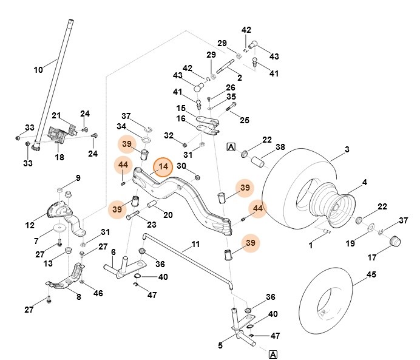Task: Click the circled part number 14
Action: [163, 167]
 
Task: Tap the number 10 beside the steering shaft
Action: [38, 70]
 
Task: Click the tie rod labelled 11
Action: [182, 250]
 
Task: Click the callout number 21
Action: [56, 116]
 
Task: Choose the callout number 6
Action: [113, 251]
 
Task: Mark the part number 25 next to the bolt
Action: [244, 120]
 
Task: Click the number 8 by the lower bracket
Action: [78, 297]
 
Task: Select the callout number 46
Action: [98, 293]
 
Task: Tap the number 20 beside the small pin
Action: [168, 215]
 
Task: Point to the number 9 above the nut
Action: [78, 177]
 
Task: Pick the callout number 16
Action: [181, 119]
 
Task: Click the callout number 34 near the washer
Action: [121, 126]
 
